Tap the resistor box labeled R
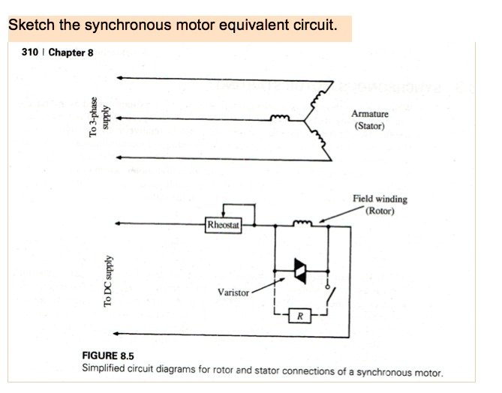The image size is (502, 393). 299,315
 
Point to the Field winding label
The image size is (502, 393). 380,199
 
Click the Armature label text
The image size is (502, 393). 369,114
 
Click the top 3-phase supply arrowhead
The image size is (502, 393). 121,78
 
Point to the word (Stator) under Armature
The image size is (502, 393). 368,126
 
